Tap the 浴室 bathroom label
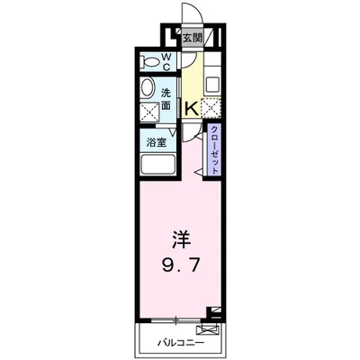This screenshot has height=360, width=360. pos(156,142)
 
